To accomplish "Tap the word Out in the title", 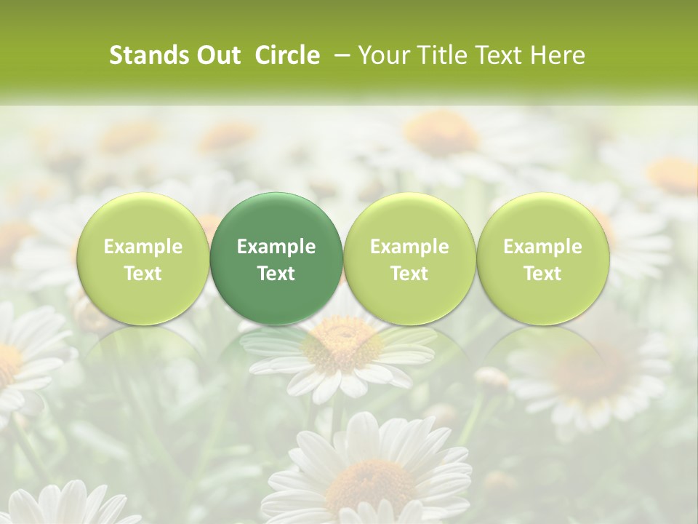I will click(x=217, y=55).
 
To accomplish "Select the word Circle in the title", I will click(x=287, y=55).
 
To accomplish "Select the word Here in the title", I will click(x=556, y=55).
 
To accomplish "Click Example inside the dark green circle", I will click(x=276, y=247).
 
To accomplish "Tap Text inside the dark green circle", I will click(x=276, y=274).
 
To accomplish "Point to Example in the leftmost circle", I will click(x=143, y=247).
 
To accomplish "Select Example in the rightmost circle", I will click(x=542, y=247).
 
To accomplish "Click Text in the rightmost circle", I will click(x=542, y=274).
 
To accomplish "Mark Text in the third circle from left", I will click(x=409, y=274).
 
